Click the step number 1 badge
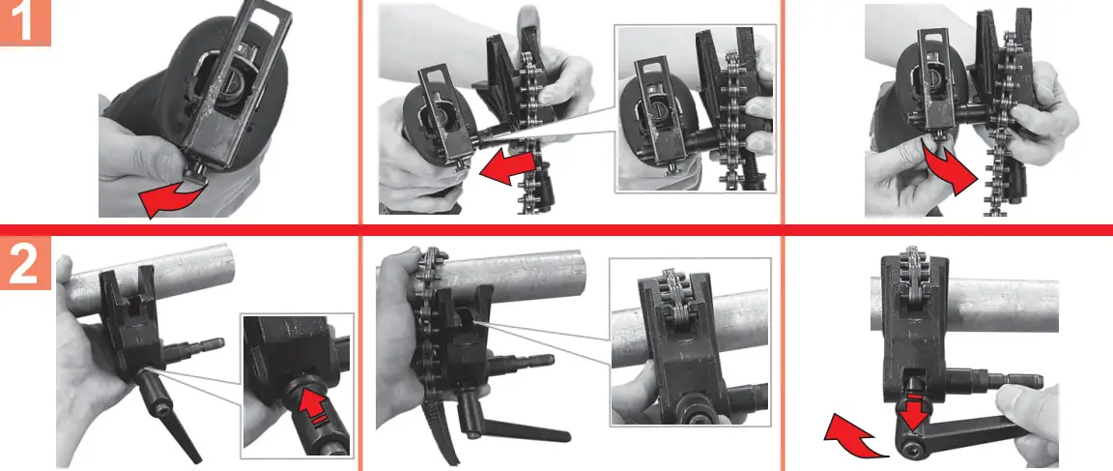(25, 22)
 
